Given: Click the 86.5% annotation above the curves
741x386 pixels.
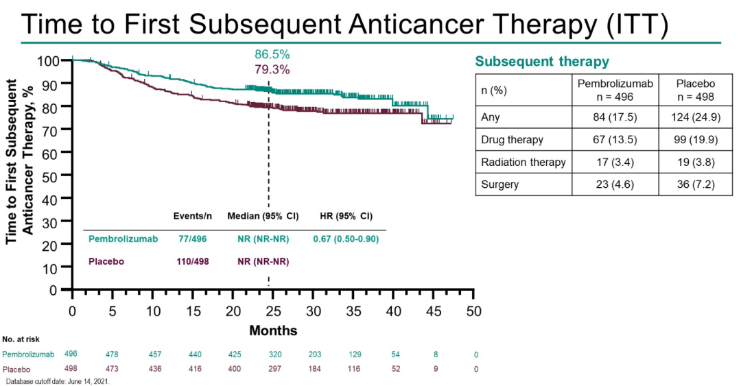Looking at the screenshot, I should coord(272,54).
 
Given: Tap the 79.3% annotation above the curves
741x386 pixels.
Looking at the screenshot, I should coord(272,69).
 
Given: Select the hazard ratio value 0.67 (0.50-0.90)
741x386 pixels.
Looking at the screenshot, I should coord(346,239).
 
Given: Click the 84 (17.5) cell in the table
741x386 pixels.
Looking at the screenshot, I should coord(615,117).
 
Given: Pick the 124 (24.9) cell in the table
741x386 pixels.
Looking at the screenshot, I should coord(696,117).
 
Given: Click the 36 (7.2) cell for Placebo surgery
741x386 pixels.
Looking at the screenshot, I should coord(696,184).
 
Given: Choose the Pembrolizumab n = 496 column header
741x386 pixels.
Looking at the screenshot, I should coord(615,90).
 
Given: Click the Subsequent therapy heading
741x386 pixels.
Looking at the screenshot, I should coord(542,62).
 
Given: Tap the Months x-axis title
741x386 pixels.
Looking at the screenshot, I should coord(273,331).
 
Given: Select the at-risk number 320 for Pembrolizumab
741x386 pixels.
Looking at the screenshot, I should coord(272,354).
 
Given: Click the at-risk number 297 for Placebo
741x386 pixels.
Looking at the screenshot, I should coord(272,370).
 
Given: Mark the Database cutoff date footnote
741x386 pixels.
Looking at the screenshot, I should coord(58,381).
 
